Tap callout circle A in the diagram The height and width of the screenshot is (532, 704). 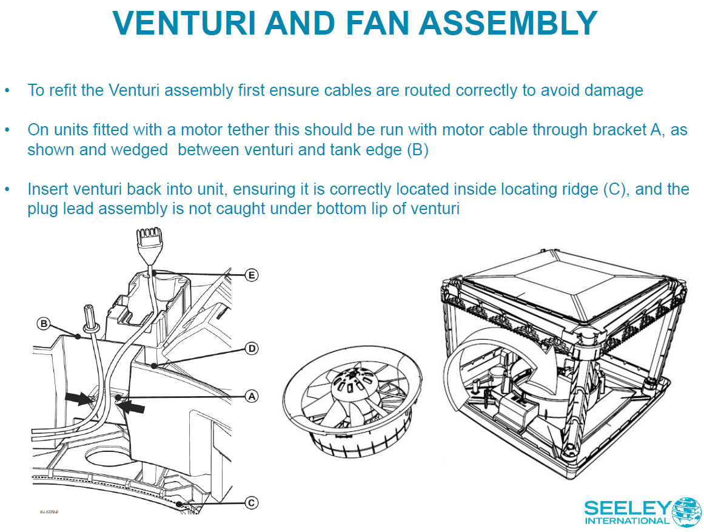click(251, 396)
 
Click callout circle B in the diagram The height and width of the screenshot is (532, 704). click(44, 323)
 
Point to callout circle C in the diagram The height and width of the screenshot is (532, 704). click(252, 502)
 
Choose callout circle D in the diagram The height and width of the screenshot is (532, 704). click(252, 348)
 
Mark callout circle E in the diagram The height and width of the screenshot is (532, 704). click(252, 275)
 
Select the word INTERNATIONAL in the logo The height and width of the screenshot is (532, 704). click(626, 521)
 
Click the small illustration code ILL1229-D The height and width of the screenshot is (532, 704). click(49, 511)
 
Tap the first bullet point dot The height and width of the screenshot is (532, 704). click(7, 91)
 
